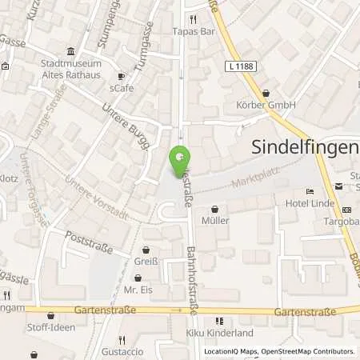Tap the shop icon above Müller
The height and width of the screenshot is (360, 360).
215,209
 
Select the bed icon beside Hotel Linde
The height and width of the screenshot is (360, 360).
310,191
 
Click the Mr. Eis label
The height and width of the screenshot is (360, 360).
138,290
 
